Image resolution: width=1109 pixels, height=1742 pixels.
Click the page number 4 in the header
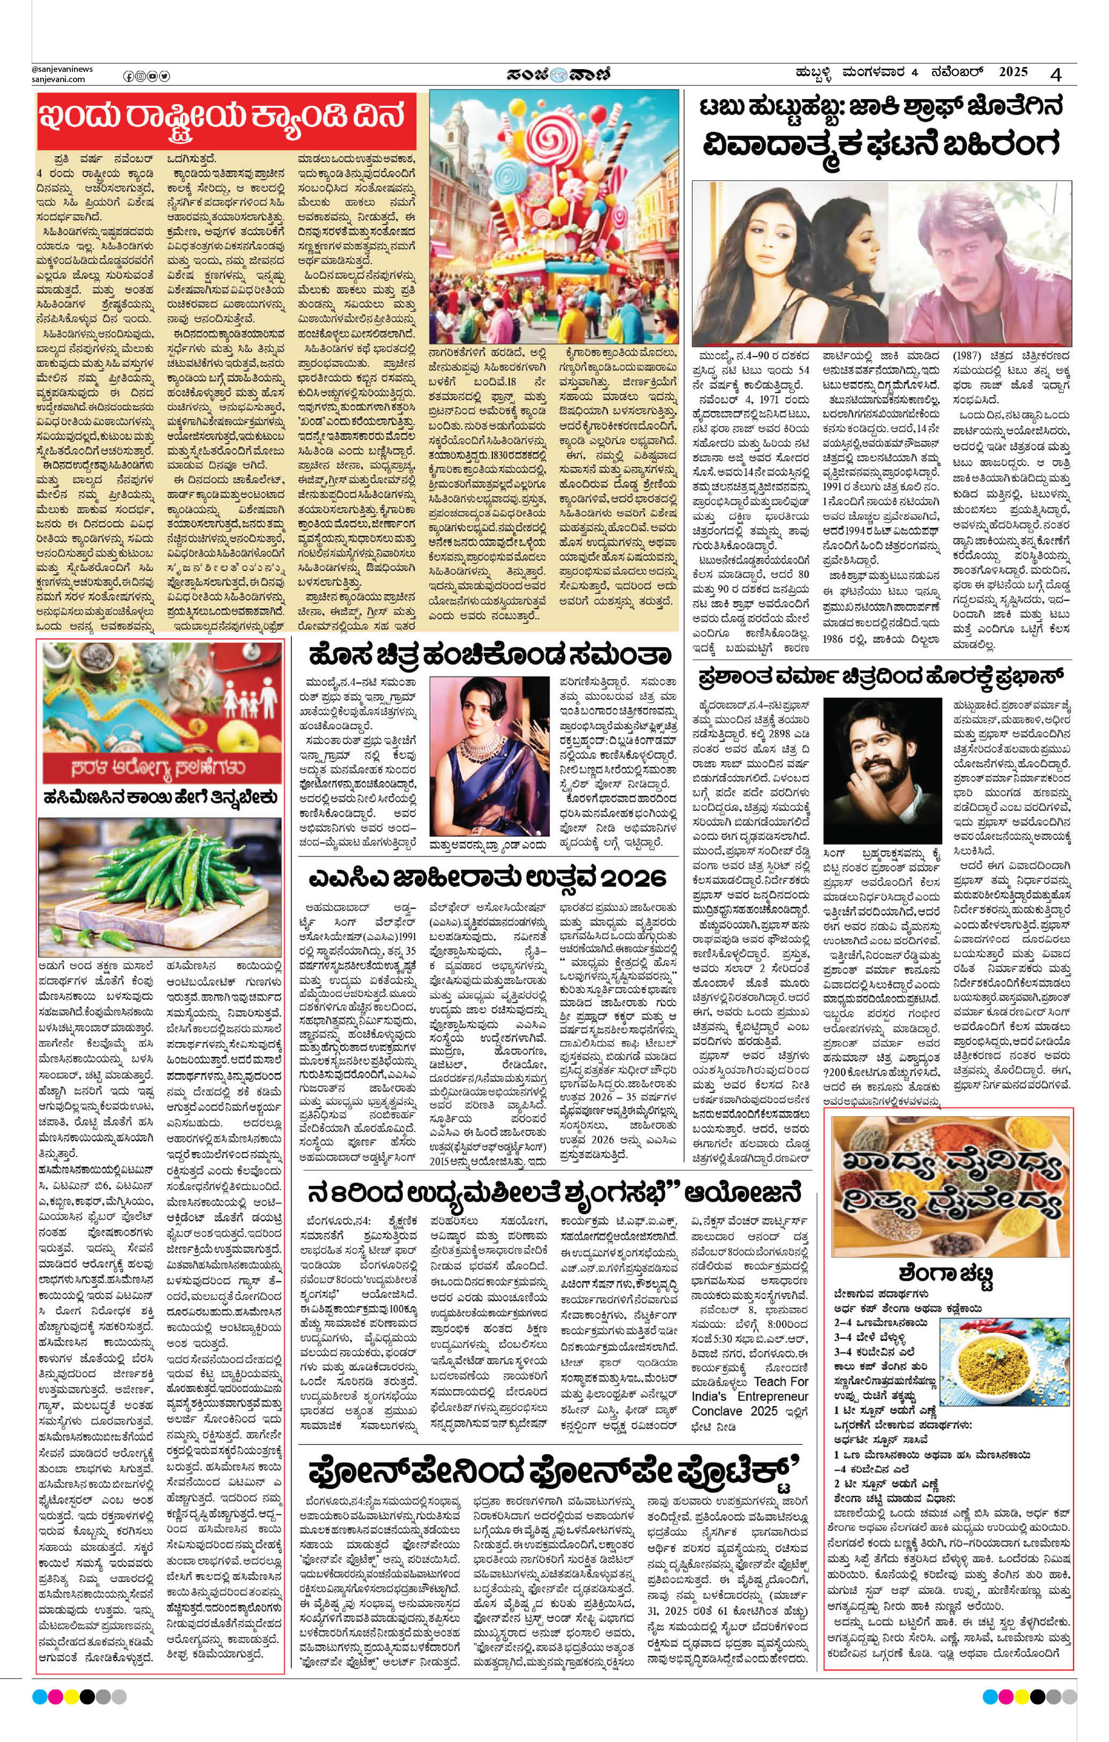(x=1057, y=74)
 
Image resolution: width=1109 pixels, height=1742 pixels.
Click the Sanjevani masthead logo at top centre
(x=559, y=74)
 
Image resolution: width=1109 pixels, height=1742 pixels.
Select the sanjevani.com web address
(x=58, y=79)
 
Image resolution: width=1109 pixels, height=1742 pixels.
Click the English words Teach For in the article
(x=780, y=1381)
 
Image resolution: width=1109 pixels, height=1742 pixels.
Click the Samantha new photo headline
(x=489, y=656)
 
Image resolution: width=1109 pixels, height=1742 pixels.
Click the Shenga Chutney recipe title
(x=946, y=1273)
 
